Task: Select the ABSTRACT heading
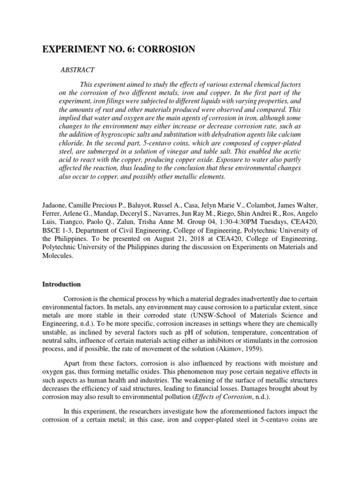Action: [x=78, y=70]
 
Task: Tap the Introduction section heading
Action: [x=61, y=284]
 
